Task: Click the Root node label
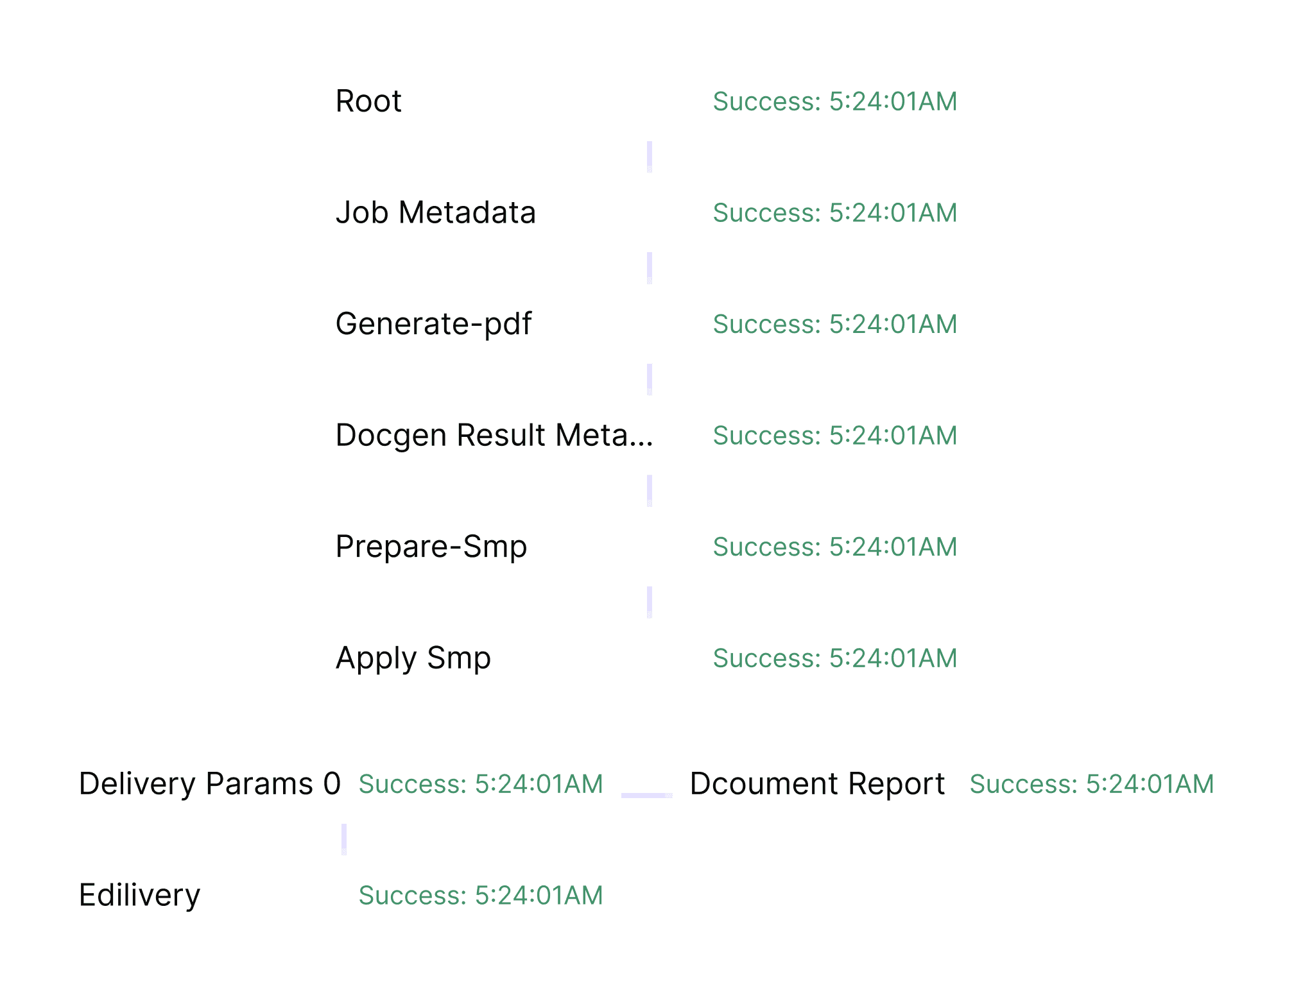368,101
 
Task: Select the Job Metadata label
435,212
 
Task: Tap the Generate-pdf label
433,324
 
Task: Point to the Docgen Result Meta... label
494,435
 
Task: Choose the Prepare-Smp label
431,547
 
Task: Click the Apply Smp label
413,658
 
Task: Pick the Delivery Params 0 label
209,784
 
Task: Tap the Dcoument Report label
817,784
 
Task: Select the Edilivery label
139,895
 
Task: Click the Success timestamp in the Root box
835,101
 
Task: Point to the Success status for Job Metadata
835,212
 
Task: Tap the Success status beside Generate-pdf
835,324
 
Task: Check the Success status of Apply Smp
835,658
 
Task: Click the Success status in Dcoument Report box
1091,784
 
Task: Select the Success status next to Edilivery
481,895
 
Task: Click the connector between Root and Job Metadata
650,157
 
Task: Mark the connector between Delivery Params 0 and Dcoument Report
647,796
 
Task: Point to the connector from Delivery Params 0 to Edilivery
344,839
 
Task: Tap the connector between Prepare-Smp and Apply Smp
650,602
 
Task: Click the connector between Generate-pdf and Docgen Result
650,380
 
